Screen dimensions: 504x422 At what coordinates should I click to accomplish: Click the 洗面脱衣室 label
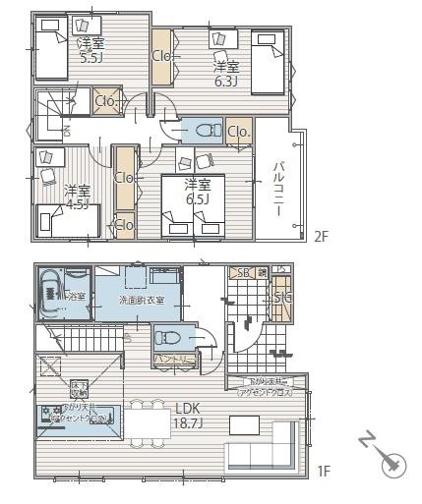143,299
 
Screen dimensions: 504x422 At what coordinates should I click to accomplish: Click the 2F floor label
322,237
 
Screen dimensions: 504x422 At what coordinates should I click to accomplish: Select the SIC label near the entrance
281,298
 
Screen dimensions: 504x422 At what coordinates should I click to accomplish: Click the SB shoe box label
239,272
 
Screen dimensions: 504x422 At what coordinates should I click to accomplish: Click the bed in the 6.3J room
268,63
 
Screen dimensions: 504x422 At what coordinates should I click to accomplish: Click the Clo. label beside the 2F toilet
238,132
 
